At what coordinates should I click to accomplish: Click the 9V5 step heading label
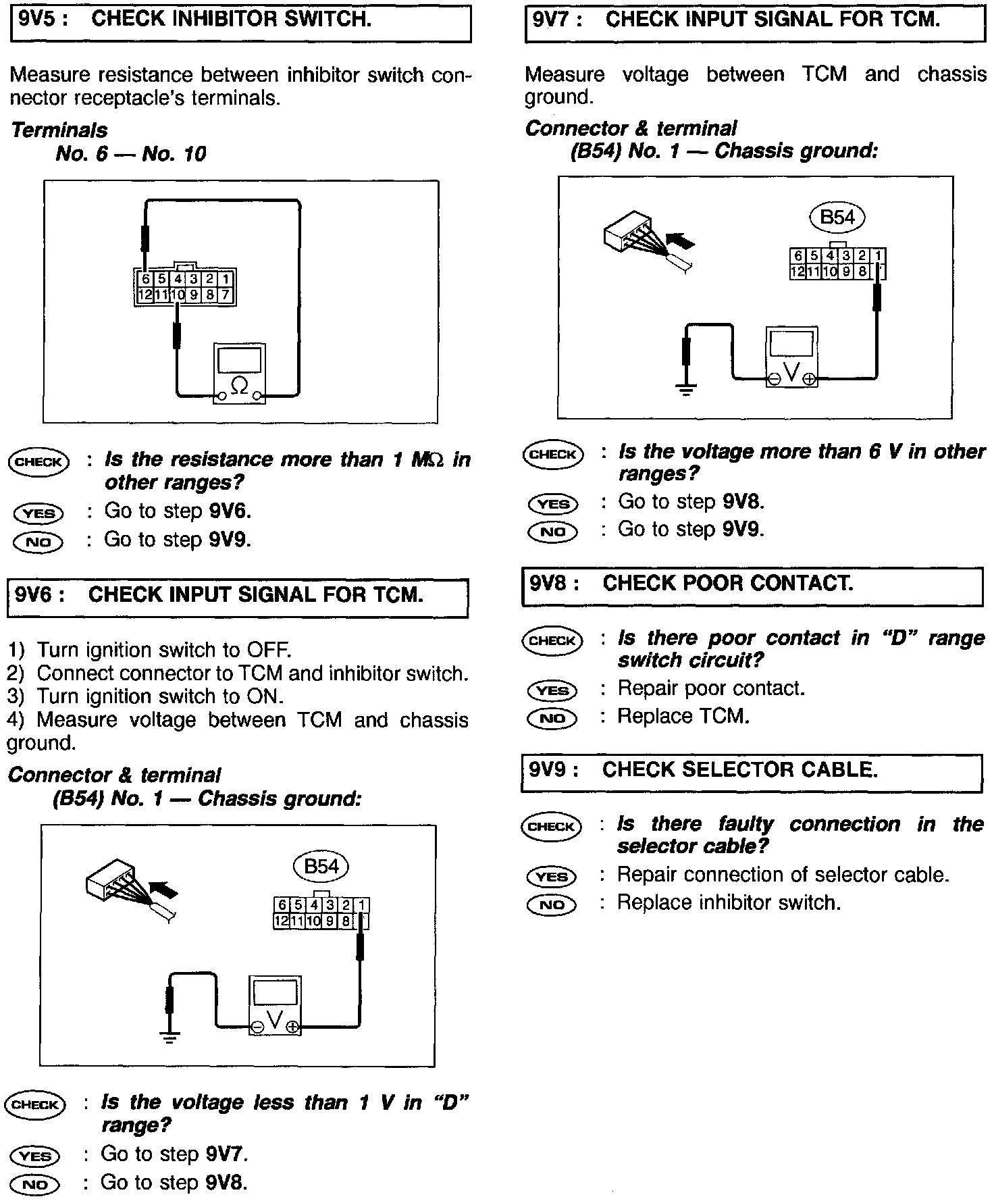[x=43, y=20]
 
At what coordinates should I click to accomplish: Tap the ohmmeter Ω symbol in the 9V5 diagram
[x=239, y=386]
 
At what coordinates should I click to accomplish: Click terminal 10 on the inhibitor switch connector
[x=178, y=295]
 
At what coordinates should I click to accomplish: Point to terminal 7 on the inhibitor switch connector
[x=226, y=295]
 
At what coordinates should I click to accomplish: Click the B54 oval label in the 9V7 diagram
[x=837, y=218]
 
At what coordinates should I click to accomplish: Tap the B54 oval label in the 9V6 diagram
[x=321, y=867]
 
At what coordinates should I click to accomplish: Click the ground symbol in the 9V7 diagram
[x=686, y=389]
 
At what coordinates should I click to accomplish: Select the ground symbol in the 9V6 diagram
[x=170, y=1038]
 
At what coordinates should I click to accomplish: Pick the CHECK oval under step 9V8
[x=552, y=640]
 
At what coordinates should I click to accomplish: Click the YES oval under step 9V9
[x=552, y=877]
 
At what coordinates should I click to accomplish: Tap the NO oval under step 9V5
[x=38, y=542]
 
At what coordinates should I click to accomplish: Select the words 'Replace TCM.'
[x=683, y=716]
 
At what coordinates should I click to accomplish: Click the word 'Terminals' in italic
[x=59, y=130]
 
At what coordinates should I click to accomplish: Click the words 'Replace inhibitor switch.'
[x=729, y=903]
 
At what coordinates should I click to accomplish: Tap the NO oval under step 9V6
[x=35, y=1185]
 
